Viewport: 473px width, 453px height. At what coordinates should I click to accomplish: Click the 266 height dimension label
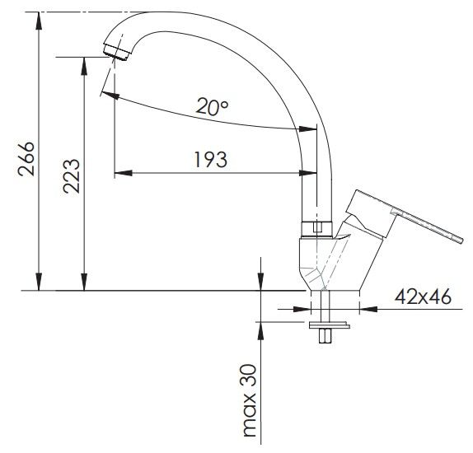(x=26, y=159)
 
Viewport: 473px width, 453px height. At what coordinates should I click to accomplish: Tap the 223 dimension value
(x=72, y=176)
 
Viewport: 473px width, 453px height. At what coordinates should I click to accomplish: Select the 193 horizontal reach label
(x=210, y=160)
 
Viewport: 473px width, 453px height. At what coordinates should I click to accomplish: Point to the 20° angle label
(x=212, y=106)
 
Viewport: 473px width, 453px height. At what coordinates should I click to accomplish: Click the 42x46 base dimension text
(x=423, y=297)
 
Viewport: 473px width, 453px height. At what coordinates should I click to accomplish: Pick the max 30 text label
(x=249, y=400)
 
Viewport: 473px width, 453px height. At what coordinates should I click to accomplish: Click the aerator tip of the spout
(x=117, y=52)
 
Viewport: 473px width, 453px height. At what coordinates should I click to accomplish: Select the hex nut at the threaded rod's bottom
(x=325, y=336)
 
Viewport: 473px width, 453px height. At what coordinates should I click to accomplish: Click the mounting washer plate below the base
(x=330, y=325)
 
